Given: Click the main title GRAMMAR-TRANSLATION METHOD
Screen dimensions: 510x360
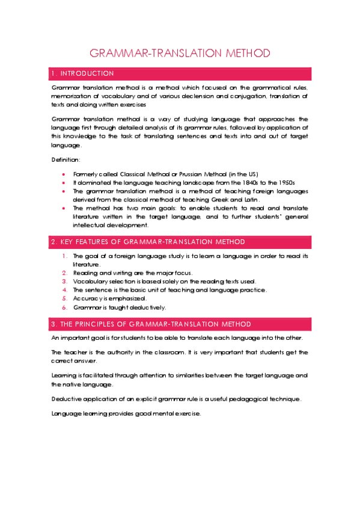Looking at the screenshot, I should tap(180, 53).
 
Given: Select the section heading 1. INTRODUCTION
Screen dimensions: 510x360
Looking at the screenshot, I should tap(83, 73).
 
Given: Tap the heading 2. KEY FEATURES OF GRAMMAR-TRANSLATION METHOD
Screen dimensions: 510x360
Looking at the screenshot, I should tap(148, 242).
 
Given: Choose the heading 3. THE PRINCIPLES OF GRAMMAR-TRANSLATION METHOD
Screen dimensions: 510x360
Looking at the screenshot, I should tap(151, 324).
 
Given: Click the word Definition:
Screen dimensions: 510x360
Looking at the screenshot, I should tap(66, 159).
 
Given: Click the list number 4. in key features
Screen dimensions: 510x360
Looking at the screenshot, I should tap(65, 290).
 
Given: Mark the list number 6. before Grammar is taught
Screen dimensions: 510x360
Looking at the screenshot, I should tap(65, 307).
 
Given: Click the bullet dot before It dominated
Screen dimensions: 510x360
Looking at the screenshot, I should tap(64, 182).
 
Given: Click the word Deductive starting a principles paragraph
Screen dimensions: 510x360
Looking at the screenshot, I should tap(67, 399).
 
